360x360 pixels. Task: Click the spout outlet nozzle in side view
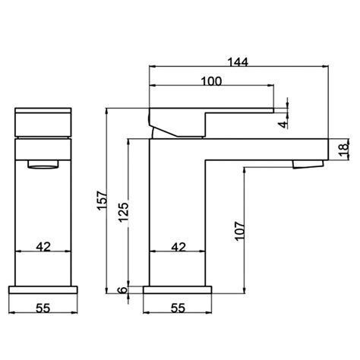pyautogui.click(x=308, y=165)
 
